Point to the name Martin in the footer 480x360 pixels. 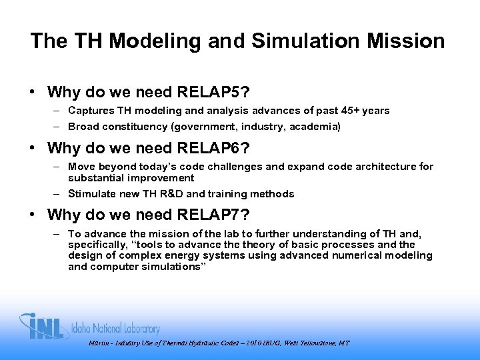100,343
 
